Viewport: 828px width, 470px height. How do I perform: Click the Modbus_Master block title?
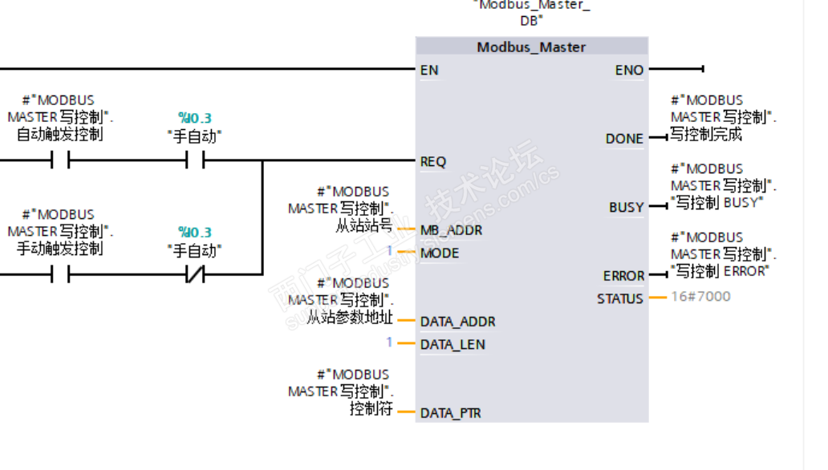[x=531, y=47]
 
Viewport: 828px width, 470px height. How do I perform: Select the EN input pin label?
[x=429, y=70]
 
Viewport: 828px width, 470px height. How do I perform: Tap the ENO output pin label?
[x=629, y=71]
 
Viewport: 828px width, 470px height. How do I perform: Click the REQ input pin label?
[x=433, y=161]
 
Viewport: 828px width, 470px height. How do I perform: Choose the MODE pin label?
[x=440, y=253]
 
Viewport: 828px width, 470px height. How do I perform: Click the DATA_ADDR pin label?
[x=457, y=322]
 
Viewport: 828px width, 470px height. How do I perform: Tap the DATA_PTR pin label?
[x=451, y=413]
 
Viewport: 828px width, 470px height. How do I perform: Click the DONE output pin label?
[x=624, y=139]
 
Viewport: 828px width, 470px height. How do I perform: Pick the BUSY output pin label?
[x=626, y=208]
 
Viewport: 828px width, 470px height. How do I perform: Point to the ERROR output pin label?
[x=623, y=276]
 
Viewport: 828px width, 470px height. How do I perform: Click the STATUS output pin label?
[x=619, y=298]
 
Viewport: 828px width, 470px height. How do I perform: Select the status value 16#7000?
[x=700, y=297]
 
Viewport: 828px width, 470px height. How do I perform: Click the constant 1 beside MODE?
[x=390, y=251]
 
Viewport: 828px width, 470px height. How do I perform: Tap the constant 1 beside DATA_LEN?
[x=390, y=342]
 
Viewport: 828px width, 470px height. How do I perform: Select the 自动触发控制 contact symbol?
[x=60, y=161]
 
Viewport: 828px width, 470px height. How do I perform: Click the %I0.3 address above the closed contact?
[x=195, y=232]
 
